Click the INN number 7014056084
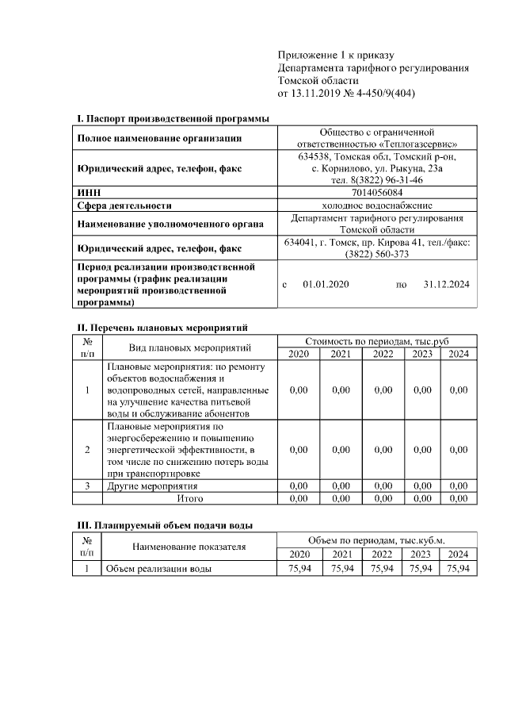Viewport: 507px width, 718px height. pyautogui.click(x=376, y=192)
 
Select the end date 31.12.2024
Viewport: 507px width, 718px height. pyautogui.click(x=447, y=283)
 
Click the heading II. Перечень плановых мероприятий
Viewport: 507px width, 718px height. pyautogui.click(x=162, y=327)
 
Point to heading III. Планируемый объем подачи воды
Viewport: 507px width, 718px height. pyautogui.click(x=165, y=525)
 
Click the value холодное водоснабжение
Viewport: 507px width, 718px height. pyautogui.click(x=376, y=204)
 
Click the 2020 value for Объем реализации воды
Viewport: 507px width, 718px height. pyautogui.click(x=299, y=569)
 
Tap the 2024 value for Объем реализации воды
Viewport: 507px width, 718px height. pyautogui.click(x=459, y=569)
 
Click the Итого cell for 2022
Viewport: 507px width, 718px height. pyautogui.click(x=383, y=498)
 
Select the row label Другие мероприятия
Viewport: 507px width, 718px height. pyautogui.click(x=152, y=486)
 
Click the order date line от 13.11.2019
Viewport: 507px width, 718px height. pyautogui.click(x=346, y=94)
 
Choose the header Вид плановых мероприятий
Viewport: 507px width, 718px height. pyautogui.click(x=189, y=347)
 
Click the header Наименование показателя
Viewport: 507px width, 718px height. pyautogui.click(x=189, y=547)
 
